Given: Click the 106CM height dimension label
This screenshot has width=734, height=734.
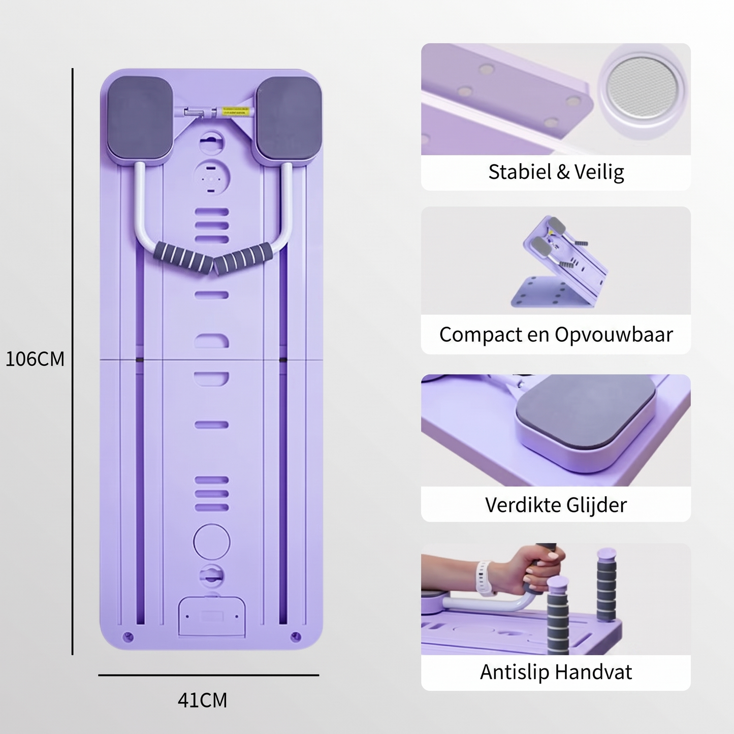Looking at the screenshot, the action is click(35, 359).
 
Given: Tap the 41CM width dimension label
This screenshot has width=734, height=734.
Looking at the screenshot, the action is click(202, 700).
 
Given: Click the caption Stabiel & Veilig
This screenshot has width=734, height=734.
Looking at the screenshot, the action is click(556, 172).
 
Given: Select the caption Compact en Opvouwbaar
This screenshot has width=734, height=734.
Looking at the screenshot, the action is click(556, 335).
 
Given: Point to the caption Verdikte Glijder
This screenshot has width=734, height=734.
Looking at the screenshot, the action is click(556, 505).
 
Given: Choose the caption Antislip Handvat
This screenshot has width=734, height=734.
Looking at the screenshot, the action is click(556, 672).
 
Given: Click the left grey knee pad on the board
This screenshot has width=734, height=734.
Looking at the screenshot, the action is click(140, 118).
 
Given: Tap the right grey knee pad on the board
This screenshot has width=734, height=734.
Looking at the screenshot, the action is click(289, 118).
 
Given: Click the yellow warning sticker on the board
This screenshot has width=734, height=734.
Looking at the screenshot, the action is click(238, 111).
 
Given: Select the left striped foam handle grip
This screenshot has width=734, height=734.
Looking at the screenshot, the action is click(183, 258).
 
